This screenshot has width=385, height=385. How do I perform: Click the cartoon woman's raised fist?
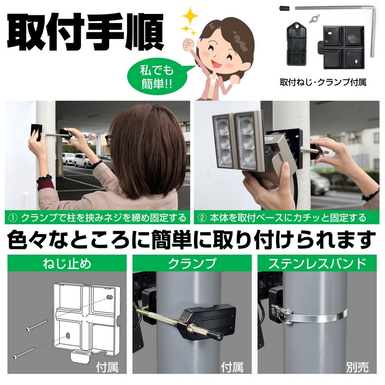click(x=189, y=44)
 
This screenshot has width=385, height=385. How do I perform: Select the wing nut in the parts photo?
click(x=314, y=19)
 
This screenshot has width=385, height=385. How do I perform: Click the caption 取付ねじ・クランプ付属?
click(x=323, y=82)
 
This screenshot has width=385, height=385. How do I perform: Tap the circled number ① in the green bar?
click(x=13, y=218)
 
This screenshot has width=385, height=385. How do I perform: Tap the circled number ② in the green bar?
click(x=202, y=218)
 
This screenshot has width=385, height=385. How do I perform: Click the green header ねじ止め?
click(x=67, y=263)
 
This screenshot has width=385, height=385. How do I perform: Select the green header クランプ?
click(x=192, y=263)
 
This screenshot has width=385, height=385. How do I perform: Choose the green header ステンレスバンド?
click(x=317, y=263)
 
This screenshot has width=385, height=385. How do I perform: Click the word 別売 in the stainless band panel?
click(x=357, y=367)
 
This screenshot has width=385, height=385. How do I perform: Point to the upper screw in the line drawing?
click(x=37, y=325)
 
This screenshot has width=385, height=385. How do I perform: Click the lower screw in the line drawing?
click(x=24, y=353)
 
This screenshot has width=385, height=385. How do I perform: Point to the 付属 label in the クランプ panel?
click(x=232, y=367)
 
